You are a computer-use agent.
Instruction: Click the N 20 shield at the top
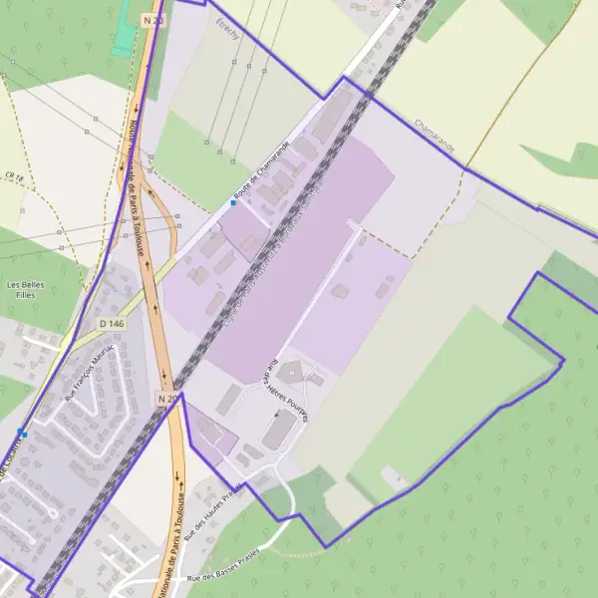point(151,19)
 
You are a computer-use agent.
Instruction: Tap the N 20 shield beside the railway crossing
point(167,399)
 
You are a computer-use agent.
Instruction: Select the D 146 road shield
point(112,323)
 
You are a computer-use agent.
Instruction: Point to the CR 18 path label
point(14,176)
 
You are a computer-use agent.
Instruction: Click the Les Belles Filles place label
point(27,290)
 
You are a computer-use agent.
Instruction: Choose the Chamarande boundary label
point(435,139)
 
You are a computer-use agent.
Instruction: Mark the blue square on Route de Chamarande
point(233,202)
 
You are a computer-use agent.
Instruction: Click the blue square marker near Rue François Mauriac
point(21,433)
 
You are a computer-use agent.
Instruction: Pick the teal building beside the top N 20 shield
point(125,34)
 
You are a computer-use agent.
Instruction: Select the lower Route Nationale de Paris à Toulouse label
point(171,543)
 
